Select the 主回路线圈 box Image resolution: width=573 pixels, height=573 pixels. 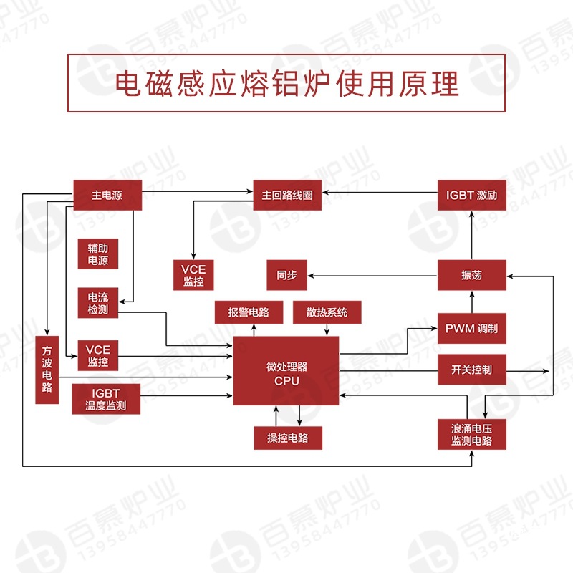click(287, 195)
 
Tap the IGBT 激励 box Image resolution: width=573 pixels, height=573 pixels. click(472, 195)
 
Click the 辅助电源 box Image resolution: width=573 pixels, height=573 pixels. click(98, 254)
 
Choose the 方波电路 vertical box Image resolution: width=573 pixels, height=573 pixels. click(47, 369)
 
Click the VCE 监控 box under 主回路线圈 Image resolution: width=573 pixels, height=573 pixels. click(193, 275)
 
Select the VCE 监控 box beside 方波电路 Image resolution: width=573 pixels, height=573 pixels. click(98, 356)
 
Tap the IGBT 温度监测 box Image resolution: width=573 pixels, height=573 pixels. click(105, 399)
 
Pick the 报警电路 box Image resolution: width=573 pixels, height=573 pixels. click(249, 312)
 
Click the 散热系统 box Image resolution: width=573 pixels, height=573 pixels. click(327, 312)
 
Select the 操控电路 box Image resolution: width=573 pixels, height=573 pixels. click(288, 438)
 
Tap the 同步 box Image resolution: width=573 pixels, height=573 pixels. click(286, 275)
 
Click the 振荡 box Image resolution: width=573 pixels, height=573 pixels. click(472, 275)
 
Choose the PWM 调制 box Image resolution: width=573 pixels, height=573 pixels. click(472, 329)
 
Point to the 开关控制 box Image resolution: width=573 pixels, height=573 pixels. click(472, 370)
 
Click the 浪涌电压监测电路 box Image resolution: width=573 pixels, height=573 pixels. click(472, 434)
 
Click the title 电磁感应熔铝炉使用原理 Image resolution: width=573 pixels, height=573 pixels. click(286, 83)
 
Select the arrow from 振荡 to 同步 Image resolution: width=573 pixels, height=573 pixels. click(372, 275)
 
